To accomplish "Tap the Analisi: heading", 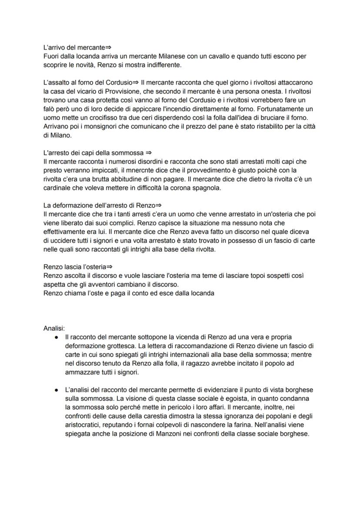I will pyautogui.click(x=54, y=328).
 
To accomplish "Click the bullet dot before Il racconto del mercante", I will pyautogui.click(x=57, y=337).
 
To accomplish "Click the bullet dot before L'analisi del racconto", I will pyautogui.click(x=57, y=390).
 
